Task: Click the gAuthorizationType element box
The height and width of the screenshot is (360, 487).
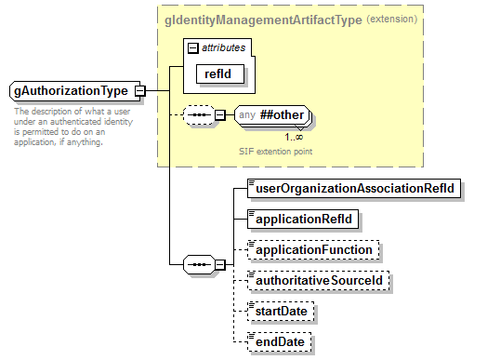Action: pos(71,91)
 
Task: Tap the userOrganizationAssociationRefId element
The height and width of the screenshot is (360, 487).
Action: pos(354,188)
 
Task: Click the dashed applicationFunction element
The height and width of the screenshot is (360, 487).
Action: pos(314,250)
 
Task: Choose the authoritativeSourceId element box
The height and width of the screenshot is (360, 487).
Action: pos(321,280)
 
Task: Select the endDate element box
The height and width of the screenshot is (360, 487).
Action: pos(280,341)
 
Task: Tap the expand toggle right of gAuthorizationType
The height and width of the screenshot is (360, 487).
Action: pos(140,91)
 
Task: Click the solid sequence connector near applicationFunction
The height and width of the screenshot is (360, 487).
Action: pos(200,263)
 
